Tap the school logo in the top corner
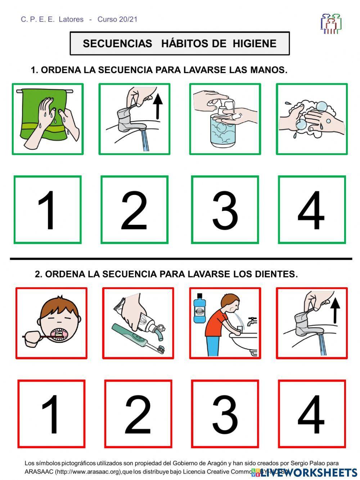point(331,24)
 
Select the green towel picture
point(48,119)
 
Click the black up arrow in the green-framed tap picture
point(158,106)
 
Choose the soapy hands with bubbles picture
point(311,119)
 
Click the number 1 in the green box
point(48,210)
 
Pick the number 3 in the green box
point(225,210)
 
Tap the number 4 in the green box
point(311,210)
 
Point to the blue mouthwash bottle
point(199,308)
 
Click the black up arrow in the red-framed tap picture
point(335,310)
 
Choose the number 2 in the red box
point(138,414)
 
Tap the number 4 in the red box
point(311,414)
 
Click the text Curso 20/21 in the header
point(117,19)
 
